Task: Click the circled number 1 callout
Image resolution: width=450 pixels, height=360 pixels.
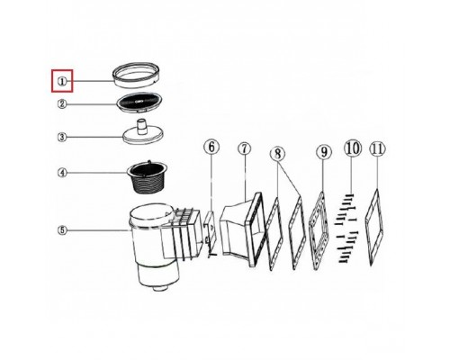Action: coord(62,81)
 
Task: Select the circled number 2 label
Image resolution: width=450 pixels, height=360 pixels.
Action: coord(62,104)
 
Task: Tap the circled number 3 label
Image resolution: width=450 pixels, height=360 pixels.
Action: coord(62,138)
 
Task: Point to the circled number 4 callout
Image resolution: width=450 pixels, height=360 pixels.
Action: coord(62,173)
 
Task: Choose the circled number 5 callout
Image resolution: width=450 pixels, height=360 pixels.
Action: coord(62,230)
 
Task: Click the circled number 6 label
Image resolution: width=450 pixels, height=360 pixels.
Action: coord(211,148)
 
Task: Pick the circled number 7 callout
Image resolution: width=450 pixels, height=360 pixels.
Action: coord(245,149)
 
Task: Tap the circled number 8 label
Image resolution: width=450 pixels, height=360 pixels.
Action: coord(278,155)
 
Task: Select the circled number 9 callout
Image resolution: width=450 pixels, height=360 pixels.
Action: coord(323,152)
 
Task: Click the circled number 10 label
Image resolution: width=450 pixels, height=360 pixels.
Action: coord(353,148)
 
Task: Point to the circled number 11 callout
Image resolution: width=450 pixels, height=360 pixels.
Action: coord(377,148)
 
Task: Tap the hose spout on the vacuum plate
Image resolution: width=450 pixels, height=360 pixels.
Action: coord(141,127)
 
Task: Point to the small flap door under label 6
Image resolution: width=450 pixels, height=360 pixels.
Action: coord(209,225)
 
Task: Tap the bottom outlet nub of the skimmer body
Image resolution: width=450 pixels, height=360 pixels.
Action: coord(159,289)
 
